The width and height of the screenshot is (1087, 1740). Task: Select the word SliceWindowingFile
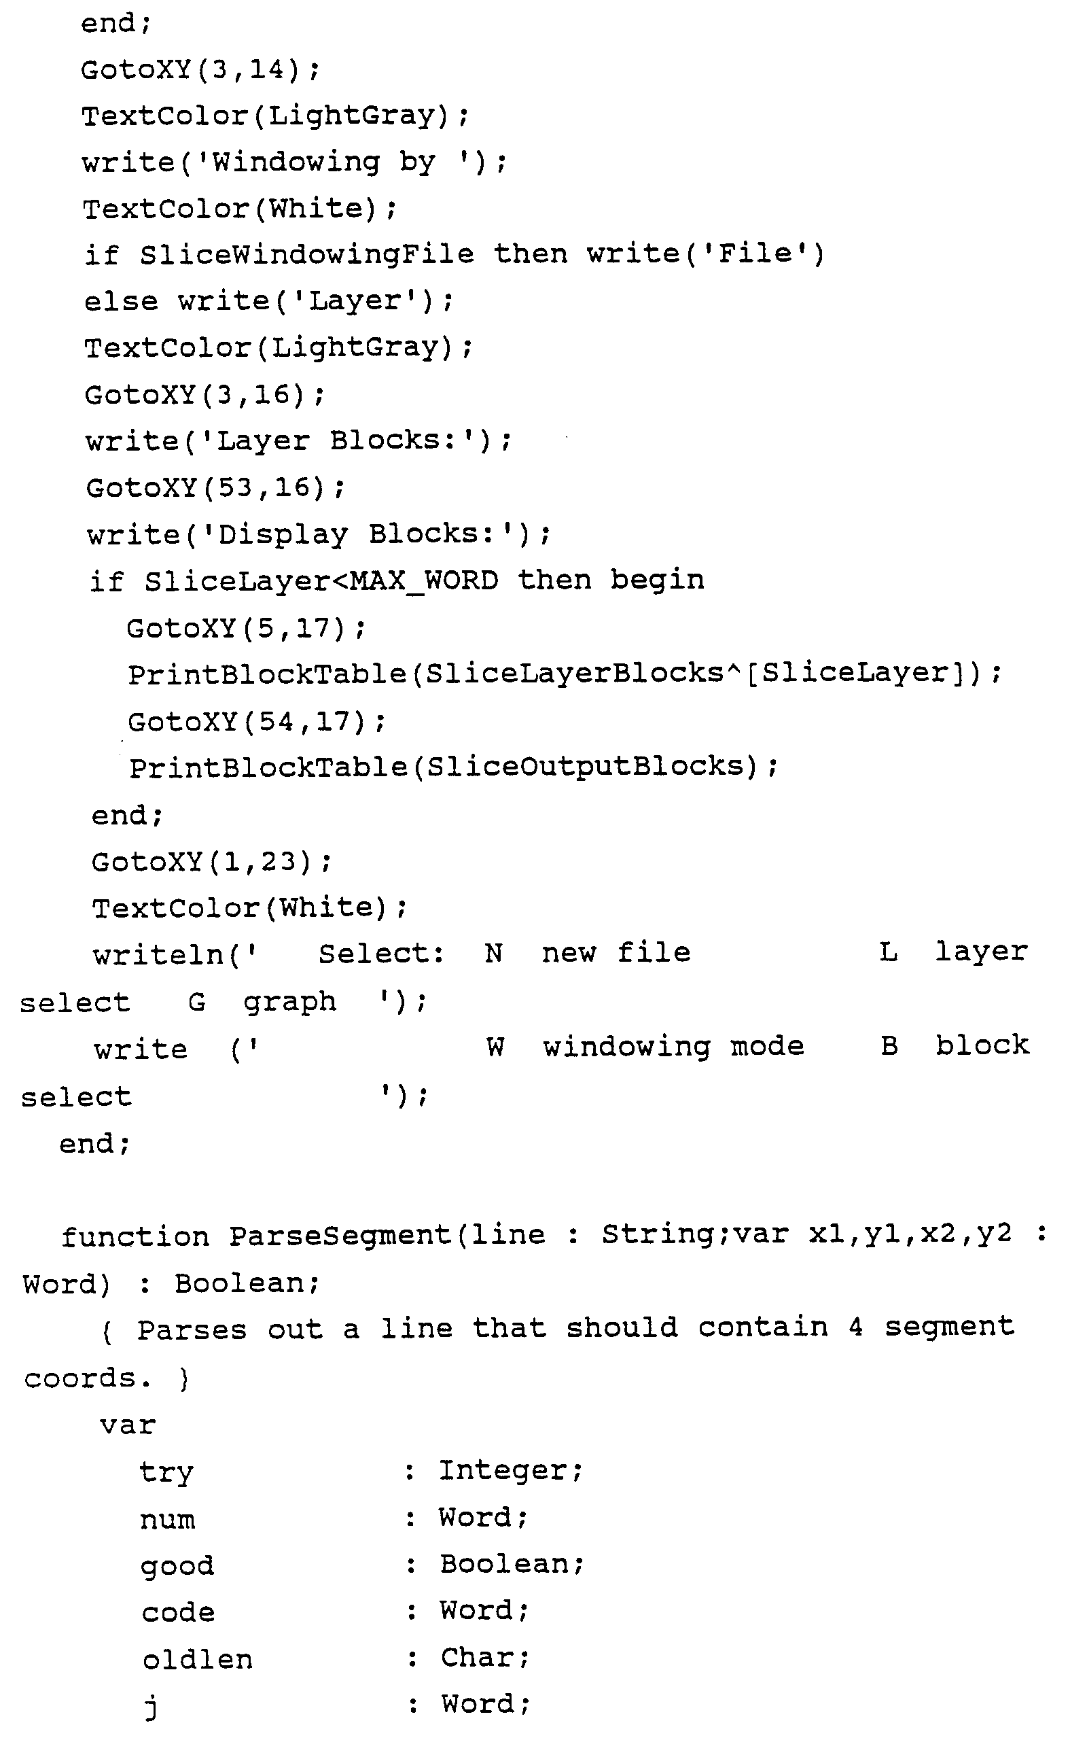coord(307,254)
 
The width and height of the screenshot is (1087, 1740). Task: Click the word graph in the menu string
coord(289,1003)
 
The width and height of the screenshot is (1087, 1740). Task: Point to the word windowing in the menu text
coord(626,1047)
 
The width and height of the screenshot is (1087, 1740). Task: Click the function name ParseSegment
coord(340,1236)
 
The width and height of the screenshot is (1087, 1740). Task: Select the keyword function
coord(135,1237)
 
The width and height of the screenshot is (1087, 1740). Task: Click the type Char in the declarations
coord(478,1658)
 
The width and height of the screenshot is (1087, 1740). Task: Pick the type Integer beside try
coord(503,1471)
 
